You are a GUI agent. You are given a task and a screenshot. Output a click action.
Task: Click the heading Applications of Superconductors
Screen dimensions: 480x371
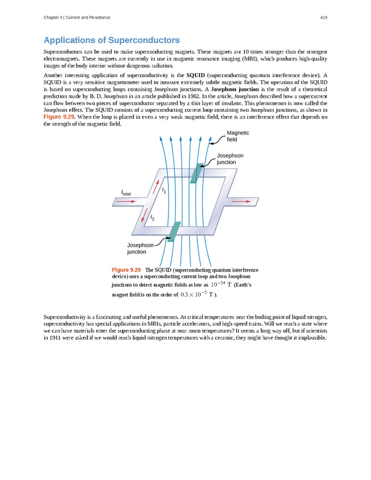tap(111, 41)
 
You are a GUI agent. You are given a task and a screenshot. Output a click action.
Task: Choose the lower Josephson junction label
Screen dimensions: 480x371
tap(140, 248)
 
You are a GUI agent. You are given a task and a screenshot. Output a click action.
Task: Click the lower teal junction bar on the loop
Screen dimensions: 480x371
tap(174, 231)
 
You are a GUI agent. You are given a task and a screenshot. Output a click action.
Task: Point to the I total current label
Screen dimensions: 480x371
tap(126, 193)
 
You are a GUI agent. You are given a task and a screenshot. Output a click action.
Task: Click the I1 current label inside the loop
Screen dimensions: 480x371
tap(164, 191)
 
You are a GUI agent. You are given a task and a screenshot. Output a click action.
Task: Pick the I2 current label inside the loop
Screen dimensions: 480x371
tap(153, 218)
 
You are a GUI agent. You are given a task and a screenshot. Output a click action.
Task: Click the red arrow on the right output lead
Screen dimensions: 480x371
tap(241, 201)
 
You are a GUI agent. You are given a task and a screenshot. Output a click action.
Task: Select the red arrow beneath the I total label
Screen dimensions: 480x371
tap(126, 201)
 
